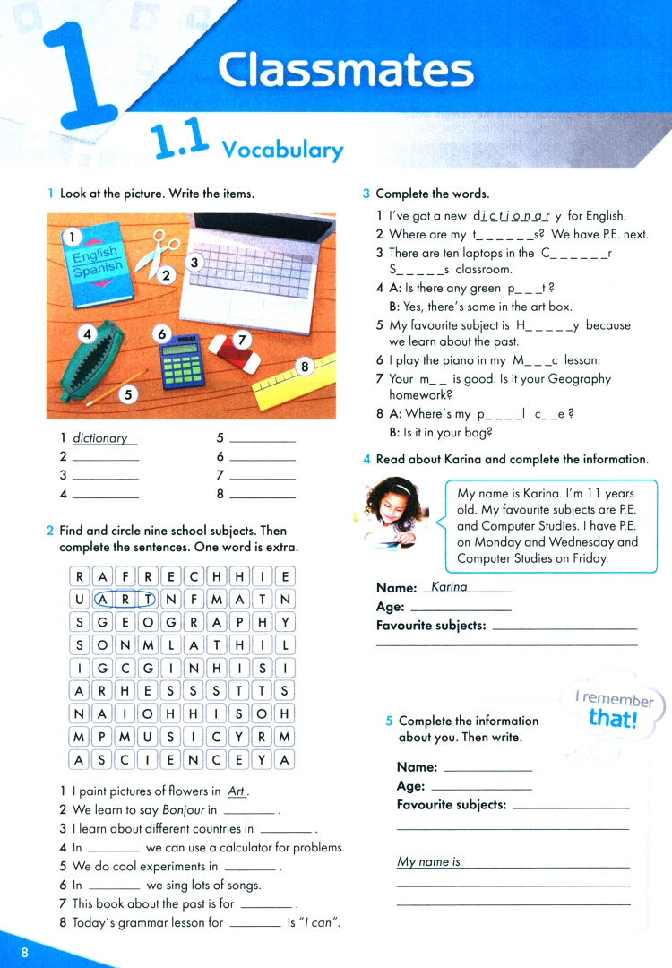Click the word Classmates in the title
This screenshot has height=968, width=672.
pos(345,69)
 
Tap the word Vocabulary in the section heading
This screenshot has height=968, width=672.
pos(282,149)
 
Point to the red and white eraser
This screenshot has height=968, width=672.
pos(235,352)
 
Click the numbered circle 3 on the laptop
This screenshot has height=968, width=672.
pos(194,263)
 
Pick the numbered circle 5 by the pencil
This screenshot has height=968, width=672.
pos(129,394)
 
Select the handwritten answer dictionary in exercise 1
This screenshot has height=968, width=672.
pos(100,438)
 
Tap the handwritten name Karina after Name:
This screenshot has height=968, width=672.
pos(450,587)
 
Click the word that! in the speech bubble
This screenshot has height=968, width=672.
pos(612,719)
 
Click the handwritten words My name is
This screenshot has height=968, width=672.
pos(428,862)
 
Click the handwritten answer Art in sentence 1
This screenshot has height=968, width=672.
pos(237,791)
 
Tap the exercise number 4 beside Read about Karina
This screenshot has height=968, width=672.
pos(366,460)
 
